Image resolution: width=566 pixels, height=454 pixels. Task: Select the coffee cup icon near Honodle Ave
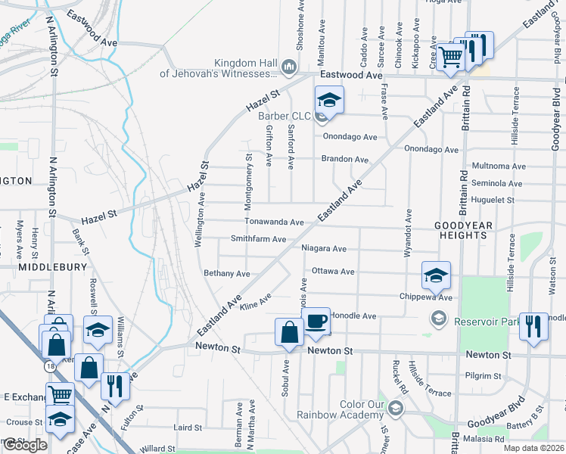pos(316,322)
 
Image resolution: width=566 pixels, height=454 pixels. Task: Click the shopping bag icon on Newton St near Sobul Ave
pos(290,333)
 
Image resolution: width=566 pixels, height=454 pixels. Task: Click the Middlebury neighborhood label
pos(46,267)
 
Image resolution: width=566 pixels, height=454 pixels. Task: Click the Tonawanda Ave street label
pos(274,222)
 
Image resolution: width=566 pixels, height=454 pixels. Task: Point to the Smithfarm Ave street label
pos(258,239)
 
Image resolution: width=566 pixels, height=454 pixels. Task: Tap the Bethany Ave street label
pos(226,273)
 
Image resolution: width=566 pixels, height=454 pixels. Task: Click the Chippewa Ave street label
pos(425,298)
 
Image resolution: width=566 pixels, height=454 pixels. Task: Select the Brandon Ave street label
pos(344,160)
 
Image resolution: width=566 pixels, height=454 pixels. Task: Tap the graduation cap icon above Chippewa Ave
pos(437,276)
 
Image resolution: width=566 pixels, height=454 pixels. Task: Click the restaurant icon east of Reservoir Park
pos(534,327)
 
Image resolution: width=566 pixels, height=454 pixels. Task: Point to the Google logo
pos(25,445)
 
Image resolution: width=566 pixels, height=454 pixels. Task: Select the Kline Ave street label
pos(255,304)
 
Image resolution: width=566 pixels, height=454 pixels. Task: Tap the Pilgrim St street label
pos(484,375)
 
